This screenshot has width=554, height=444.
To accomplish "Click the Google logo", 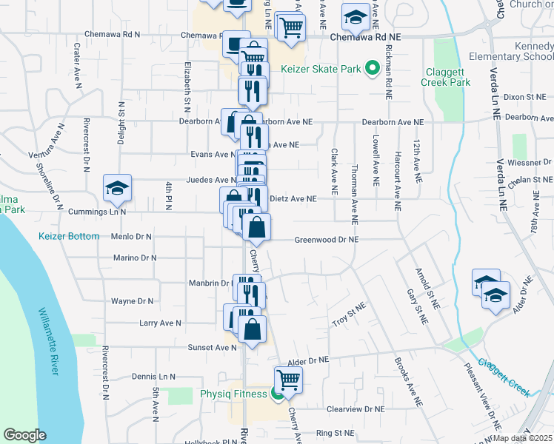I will [24, 435].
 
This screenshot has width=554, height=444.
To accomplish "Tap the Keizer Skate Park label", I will [321, 70].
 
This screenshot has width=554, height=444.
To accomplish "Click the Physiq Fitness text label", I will [233, 394].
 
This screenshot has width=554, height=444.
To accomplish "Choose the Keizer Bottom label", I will [69, 236].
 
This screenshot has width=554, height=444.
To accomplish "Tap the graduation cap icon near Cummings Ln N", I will [117, 189].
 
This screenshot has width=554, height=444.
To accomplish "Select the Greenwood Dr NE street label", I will [327, 240].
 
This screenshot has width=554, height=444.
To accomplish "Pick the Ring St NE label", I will [336, 433].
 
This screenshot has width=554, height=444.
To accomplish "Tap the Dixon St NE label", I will [524, 97].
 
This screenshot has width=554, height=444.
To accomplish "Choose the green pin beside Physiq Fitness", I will [277, 394].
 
